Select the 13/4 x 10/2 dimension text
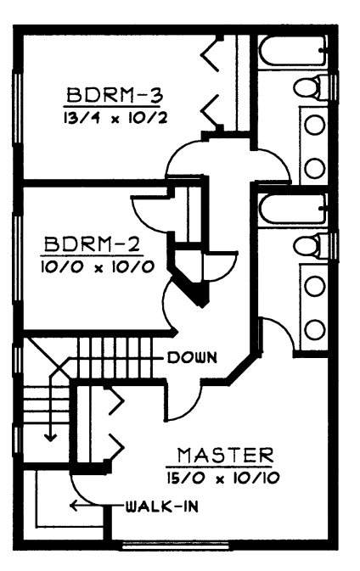(x=115, y=118)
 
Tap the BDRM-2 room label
(x=92, y=244)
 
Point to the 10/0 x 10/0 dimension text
(x=98, y=267)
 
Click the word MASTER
(x=225, y=455)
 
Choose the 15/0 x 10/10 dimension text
(x=223, y=478)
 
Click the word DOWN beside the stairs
(x=192, y=357)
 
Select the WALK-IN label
(x=162, y=507)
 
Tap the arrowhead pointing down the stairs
(x=50, y=437)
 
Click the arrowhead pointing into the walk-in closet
(x=74, y=506)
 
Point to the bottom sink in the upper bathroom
(x=314, y=168)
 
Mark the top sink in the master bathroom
(x=314, y=285)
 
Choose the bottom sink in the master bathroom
(x=314, y=329)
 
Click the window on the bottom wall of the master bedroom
(x=176, y=546)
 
